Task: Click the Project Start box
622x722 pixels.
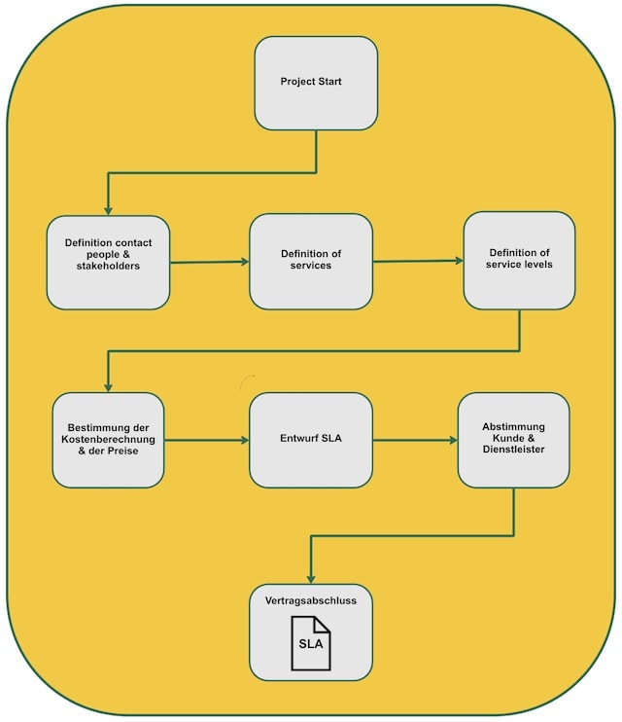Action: [x=316, y=84]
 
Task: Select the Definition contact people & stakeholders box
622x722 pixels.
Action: [x=108, y=263]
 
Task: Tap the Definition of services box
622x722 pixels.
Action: [x=311, y=262]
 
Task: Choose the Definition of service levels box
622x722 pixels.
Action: [x=519, y=260]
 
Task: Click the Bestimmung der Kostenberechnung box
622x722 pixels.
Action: [x=108, y=440]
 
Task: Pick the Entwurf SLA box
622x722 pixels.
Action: [x=311, y=440]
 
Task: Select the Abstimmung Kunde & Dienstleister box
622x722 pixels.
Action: [x=513, y=439]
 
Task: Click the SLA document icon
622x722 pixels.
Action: [x=311, y=643]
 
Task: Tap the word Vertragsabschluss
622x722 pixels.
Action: [x=311, y=601]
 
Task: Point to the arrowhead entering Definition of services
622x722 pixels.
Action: [x=244, y=262]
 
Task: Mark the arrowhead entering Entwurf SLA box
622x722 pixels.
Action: [x=244, y=440]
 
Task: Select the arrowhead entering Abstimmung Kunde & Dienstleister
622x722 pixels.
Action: [x=453, y=440]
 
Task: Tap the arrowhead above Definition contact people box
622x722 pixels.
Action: [x=108, y=209]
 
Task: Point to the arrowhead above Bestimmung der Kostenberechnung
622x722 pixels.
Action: [x=108, y=386]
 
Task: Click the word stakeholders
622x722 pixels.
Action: [x=108, y=266]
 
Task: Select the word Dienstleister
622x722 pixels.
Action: [x=513, y=450]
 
